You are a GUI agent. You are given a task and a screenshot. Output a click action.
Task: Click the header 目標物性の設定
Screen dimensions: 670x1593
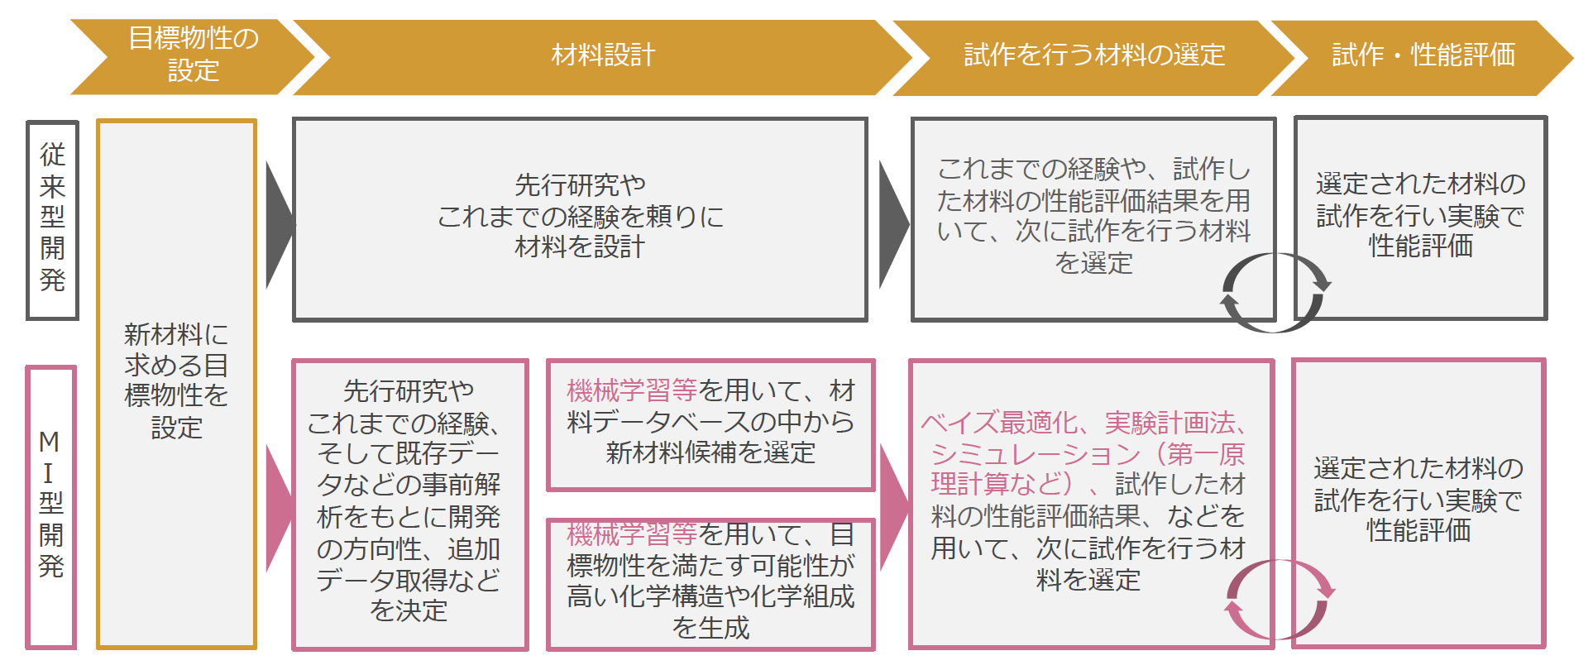pyautogui.click(x=193, y=55)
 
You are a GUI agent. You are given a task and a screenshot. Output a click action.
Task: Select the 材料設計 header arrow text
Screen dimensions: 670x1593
pyautogui.click(x=603, y=55)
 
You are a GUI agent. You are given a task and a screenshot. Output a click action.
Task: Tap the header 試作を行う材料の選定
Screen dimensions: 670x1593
pyautogui.click(x=1094, y=55)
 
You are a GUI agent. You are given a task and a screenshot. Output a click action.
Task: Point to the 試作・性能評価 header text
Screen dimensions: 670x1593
pyautogui.click(x=1423, y=55)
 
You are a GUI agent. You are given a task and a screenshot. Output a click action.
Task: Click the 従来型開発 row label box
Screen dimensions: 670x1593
pyautogui.click(x=52, y=219)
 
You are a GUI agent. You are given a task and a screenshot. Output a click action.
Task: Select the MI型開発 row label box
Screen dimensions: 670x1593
pyautogui.click(x=50, y=505)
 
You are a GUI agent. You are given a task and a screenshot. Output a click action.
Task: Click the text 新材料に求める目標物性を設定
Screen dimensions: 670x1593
pyautogui.click(x=176, y=381)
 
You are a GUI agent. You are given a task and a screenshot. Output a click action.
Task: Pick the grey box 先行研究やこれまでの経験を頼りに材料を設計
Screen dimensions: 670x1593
pyautogui.click(x=579, y=217)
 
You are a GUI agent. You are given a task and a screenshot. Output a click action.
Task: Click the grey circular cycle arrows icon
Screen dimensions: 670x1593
pyautogui.click(x=1275, y=293)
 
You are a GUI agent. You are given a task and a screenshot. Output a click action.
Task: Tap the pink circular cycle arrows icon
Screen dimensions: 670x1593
pyautogui.click(x=1279, y=600)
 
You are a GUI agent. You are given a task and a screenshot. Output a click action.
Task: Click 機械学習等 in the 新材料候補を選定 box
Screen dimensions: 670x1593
pyautogui.click(x=632, y=390)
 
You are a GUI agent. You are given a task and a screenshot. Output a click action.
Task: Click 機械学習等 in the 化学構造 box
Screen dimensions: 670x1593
pyautogui.click(x=632, y=535)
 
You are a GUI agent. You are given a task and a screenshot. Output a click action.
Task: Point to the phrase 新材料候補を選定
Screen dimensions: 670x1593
pyautogui.click(x=710, y=453)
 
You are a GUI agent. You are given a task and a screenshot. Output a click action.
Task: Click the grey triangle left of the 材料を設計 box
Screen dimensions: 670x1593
pyautogui.click(x=279, y=224)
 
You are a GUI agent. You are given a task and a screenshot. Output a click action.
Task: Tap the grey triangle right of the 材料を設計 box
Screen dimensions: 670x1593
pyautogui.click(x=892, y=224)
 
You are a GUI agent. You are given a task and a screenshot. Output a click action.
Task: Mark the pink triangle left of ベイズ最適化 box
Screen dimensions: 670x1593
pyautogui.click(x=893, y=506)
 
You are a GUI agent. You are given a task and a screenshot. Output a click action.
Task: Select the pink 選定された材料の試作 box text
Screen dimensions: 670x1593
pyautogui.click(x=1418, y=500)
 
